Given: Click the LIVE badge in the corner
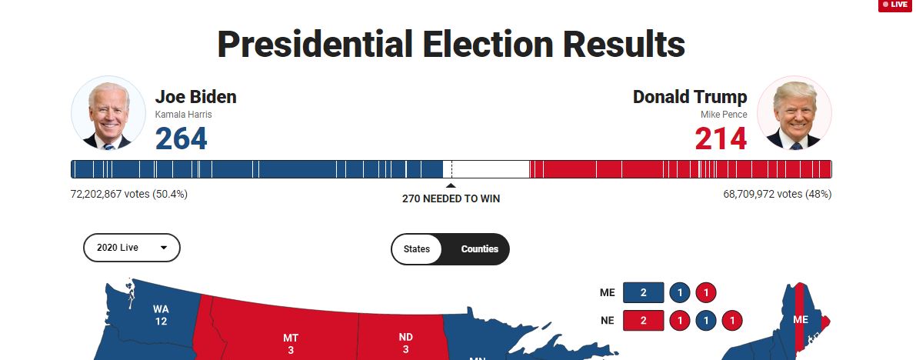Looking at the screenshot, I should coord(896,5).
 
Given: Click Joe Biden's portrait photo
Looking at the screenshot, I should coord(108,113).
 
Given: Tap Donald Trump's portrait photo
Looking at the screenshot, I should coord(794,113).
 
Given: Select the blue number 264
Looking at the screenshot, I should coord(182,139).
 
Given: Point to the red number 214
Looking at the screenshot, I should coord(721,139).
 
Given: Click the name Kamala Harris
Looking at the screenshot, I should coord(183,115).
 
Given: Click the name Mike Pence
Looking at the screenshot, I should coord(723,115).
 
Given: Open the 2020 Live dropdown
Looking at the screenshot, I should coord(132,248).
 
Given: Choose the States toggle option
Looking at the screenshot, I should coord(417,248).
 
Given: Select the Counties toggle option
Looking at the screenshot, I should coord(479,248).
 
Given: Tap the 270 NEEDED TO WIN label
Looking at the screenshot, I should coord(451,198).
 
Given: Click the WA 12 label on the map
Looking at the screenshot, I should coord(161,315).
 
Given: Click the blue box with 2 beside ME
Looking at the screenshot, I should coord(643,292).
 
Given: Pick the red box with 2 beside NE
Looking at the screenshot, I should coord(643,319).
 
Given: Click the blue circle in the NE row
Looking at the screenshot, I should coord(706,319).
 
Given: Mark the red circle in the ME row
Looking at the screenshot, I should coord(706,292).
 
